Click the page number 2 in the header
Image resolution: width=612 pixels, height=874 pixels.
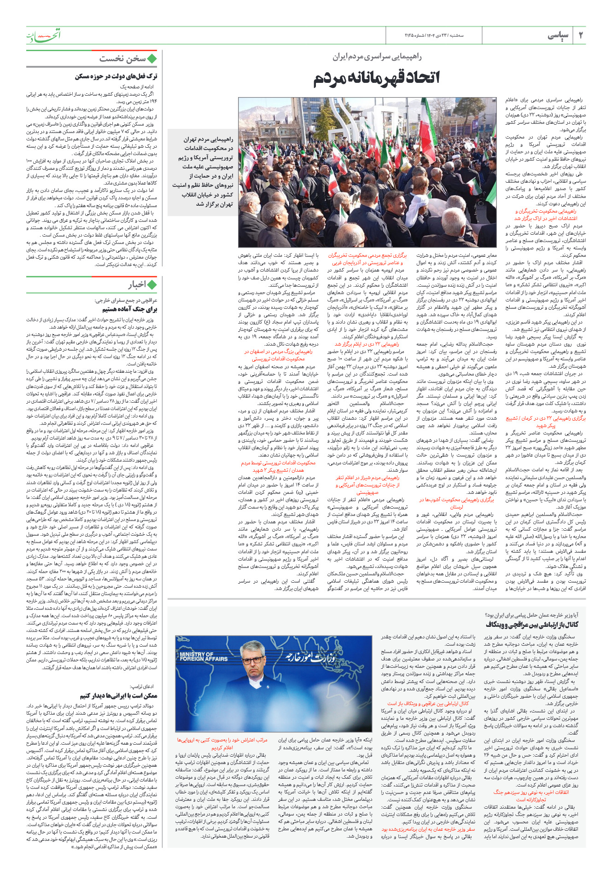point(581,35)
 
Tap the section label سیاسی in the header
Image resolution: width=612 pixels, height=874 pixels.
point(558,35)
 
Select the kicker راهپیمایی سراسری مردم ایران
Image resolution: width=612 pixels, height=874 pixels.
point(377,57)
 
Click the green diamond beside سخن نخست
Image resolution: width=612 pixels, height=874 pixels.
point(152,58)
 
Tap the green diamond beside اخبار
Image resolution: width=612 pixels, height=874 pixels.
point(152,284)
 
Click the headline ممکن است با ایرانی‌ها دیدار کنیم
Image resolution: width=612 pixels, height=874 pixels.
point(119,695)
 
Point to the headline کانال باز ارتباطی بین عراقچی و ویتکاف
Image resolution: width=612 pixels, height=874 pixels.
point(532,625)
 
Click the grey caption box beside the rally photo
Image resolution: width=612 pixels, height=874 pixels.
point(203,171)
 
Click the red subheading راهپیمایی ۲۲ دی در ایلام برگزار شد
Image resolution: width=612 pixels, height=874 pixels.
point(367,344)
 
